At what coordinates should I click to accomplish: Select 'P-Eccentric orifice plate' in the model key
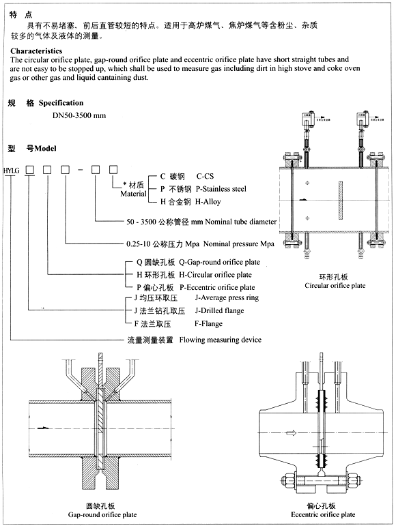[216, 287]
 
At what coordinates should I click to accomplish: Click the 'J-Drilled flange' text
[219, 311]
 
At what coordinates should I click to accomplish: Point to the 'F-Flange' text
[208, 324]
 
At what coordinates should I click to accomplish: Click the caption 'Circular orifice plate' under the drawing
[335, 286]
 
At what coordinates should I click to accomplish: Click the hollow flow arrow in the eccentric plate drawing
[292, 433]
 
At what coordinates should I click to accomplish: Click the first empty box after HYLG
[29, 168]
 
